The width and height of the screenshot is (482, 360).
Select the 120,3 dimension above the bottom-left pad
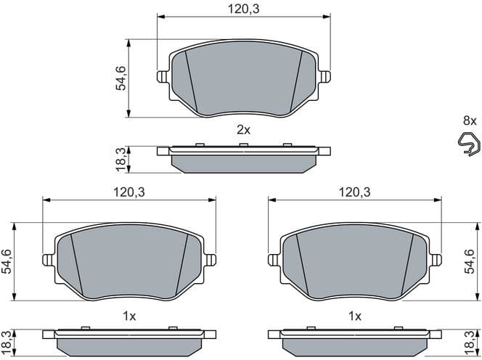[128, 192]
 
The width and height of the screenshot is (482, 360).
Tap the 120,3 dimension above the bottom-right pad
[354, 192]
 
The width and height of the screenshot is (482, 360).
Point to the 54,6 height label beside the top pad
[121, 78]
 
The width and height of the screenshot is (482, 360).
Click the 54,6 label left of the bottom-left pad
[8, 261]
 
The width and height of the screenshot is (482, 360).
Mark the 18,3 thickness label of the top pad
[121, 159]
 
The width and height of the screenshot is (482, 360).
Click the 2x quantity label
[243, 130]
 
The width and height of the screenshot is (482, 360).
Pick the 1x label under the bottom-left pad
[129, 316]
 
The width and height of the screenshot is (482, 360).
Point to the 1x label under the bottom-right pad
[355, 316]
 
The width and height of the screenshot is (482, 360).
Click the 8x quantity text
[470, 120]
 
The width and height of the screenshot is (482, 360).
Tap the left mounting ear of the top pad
[163, 75]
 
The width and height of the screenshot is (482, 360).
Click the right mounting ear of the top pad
[324, 75]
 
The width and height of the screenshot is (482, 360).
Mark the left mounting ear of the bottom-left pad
[49, 259]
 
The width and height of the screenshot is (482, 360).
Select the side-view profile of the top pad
[243, 158]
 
